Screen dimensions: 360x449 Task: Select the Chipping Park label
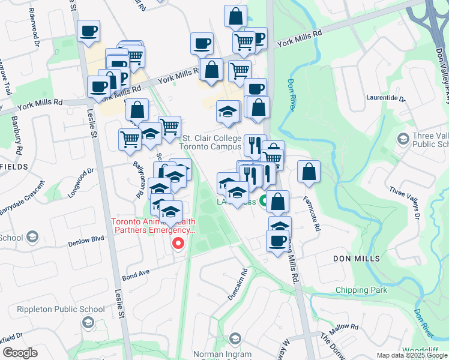point(361,290)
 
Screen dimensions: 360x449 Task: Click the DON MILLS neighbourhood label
point(357,259)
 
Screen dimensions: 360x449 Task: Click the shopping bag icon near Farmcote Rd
point(309,172)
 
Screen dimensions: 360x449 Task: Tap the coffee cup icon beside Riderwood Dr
point(88,31)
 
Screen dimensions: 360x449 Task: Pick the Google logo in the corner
point(20,353)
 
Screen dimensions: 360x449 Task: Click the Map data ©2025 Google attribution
point(412,355)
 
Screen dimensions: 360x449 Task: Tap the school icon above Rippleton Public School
point(88,323)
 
